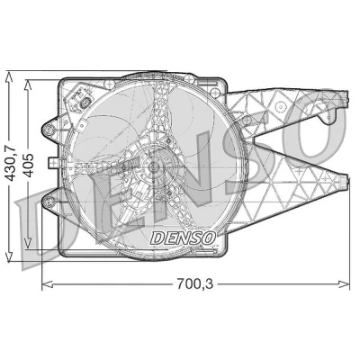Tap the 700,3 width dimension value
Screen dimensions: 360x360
click(x=195, y=283)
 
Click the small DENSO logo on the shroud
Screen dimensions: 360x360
click(x=183, y=238)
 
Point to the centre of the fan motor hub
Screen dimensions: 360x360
click(x=154, y=167)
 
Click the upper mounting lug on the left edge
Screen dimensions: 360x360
click(x=49, y=130)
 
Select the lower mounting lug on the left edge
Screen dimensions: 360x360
click(x=49, y=202)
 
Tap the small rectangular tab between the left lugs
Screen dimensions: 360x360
click(x=53, y=163)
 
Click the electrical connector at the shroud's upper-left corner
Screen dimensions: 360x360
click(x=81, y=100)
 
